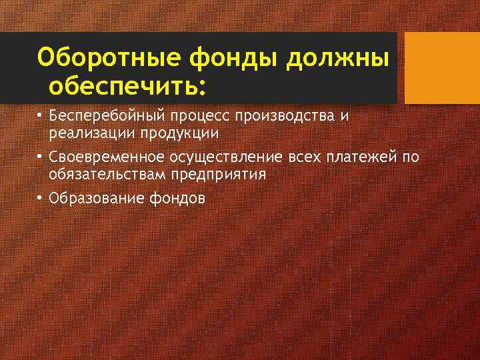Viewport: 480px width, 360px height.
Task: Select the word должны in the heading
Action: coord(337,58)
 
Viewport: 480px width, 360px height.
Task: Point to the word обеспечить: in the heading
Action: coord(127,86)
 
